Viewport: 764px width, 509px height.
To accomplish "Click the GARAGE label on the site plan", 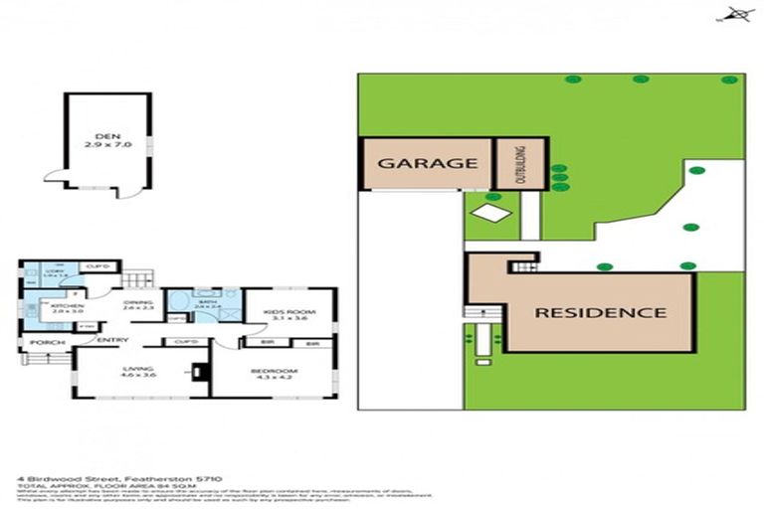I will coord(427,163).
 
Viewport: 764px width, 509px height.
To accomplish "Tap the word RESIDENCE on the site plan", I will coord(601,312).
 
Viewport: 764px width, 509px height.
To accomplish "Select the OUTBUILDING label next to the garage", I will coord(519,164).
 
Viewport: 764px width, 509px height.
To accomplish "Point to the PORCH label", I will coord(47,343).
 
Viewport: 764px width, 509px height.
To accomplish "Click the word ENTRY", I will coord(112,341).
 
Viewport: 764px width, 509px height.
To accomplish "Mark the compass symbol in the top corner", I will coord(736,14).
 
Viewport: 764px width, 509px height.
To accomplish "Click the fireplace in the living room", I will coord(198,372).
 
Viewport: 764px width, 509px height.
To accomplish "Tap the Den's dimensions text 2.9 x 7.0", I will coord(106,146).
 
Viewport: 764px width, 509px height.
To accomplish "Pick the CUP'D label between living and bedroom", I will coord(184,342).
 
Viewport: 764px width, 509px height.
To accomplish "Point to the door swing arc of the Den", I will coord(54,177).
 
